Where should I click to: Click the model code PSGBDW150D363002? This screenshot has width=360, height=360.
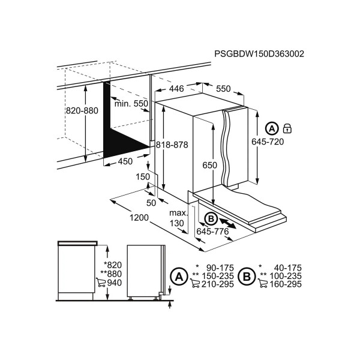click(x=259, y=54)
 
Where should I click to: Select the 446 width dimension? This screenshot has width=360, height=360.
click(x=176, y=88)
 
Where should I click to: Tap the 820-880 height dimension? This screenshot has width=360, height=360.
click(x=82, y=110)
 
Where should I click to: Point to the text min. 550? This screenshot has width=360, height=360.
click(x=131, y=104)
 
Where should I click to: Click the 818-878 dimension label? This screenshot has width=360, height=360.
click(x=172, y=145)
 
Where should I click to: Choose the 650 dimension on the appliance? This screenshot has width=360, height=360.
click(x=209, y=165)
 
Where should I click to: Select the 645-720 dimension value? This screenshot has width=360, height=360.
click(x=268, y=142)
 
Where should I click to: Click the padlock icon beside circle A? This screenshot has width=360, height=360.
click(x=287, y=128)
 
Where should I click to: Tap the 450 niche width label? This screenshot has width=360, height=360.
click(x=125, y=161)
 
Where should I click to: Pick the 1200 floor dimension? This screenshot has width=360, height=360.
click(x=139, y=217)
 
